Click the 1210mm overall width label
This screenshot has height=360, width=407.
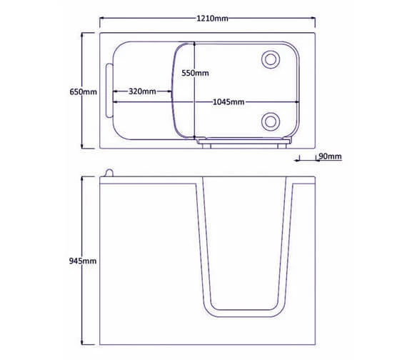pyautogui.click(x=213, y=18)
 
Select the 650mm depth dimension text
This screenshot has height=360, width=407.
pyautogui.click(x=83, y=91)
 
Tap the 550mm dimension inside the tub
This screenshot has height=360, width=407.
pyautogui.click(x=195, y=73)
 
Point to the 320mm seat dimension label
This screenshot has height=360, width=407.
pyautogui.click(x=143, y=91)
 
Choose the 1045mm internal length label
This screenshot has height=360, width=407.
pyautogui.click(x=228, y=102)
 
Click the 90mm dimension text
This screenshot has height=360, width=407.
pyautogui.click(x=331, y=156)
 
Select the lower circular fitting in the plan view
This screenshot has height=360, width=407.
pyautogui.click(x=271, y=121)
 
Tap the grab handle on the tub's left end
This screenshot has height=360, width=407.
pyautogui.click(x=109, y=91)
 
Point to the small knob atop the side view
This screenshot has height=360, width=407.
pyautogui.click(x=109, y=171)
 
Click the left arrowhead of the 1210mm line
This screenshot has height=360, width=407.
pyautogui.click(x=101, y=18)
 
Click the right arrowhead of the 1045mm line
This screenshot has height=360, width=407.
pyautogui.click(x=293, y=102)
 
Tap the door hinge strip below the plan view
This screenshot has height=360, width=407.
pyautogui.click(x=247, y=144)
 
